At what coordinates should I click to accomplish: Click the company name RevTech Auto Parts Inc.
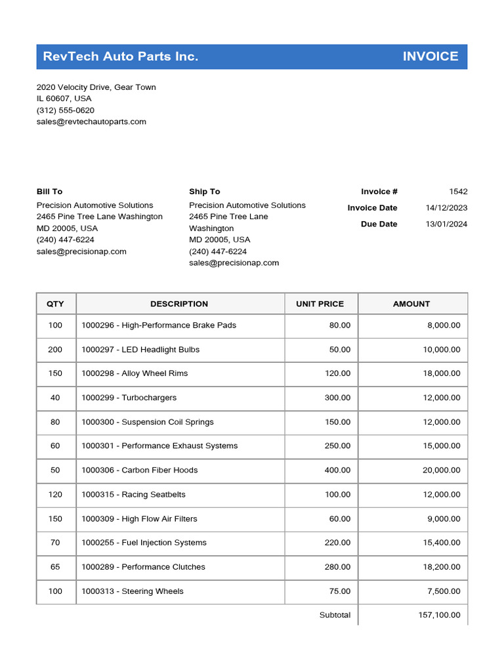pos(120,56)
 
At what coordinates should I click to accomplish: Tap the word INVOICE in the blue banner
pos(430,56)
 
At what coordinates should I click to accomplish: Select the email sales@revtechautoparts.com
pos(91,121)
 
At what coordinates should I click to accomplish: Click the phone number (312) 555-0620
pos(65,110)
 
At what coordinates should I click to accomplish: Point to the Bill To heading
pos(49,192)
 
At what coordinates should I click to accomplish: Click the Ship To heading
pos(204,192)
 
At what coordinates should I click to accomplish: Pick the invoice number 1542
pos(458,192)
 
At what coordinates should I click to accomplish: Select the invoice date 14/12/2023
pos(446,208)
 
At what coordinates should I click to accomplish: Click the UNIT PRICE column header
pos(320,304)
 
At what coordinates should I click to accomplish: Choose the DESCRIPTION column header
pos(179,304)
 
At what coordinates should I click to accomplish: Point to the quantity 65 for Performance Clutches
pos(55,567)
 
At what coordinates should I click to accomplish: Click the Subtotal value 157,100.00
pos(439,615)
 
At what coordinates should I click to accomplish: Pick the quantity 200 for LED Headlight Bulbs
pos(55,350)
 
